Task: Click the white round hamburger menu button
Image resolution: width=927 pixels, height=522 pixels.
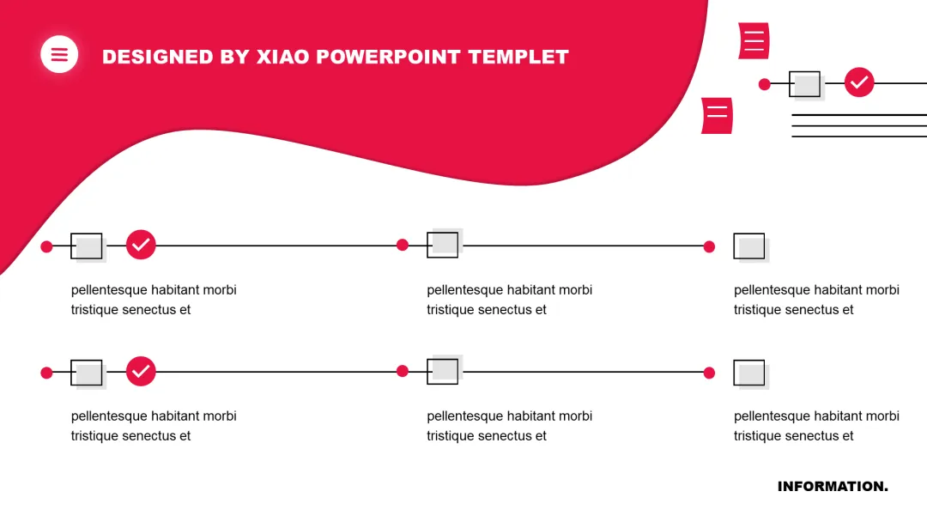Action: point(59,55)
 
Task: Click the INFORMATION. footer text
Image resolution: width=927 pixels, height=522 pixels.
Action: point(833,487)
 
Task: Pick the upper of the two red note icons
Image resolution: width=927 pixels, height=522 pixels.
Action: point(754,41)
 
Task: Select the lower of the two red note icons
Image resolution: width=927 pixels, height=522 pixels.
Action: point(717,116)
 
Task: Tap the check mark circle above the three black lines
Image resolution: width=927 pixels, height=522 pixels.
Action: point(859,83)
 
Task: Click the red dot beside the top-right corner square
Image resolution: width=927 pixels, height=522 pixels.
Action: point(764,84)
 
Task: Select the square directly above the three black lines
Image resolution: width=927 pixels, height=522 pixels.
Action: point(805,84)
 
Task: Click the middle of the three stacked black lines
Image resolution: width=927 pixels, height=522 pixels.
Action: point(858,125)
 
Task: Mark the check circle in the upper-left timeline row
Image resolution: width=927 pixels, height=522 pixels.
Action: point(141,245)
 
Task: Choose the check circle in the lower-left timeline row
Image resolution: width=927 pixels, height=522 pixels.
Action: point(141,372)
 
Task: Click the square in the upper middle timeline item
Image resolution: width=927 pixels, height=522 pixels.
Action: point(443,245)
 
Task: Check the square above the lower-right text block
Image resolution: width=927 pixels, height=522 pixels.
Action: point(749,373)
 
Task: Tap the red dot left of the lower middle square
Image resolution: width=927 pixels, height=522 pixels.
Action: point(403,371)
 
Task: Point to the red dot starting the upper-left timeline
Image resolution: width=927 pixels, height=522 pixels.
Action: point(46,246)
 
